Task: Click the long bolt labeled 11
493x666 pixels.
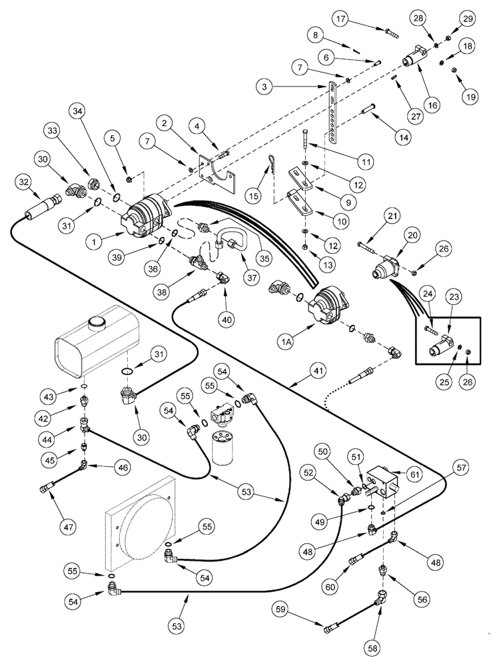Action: click(304, 147)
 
